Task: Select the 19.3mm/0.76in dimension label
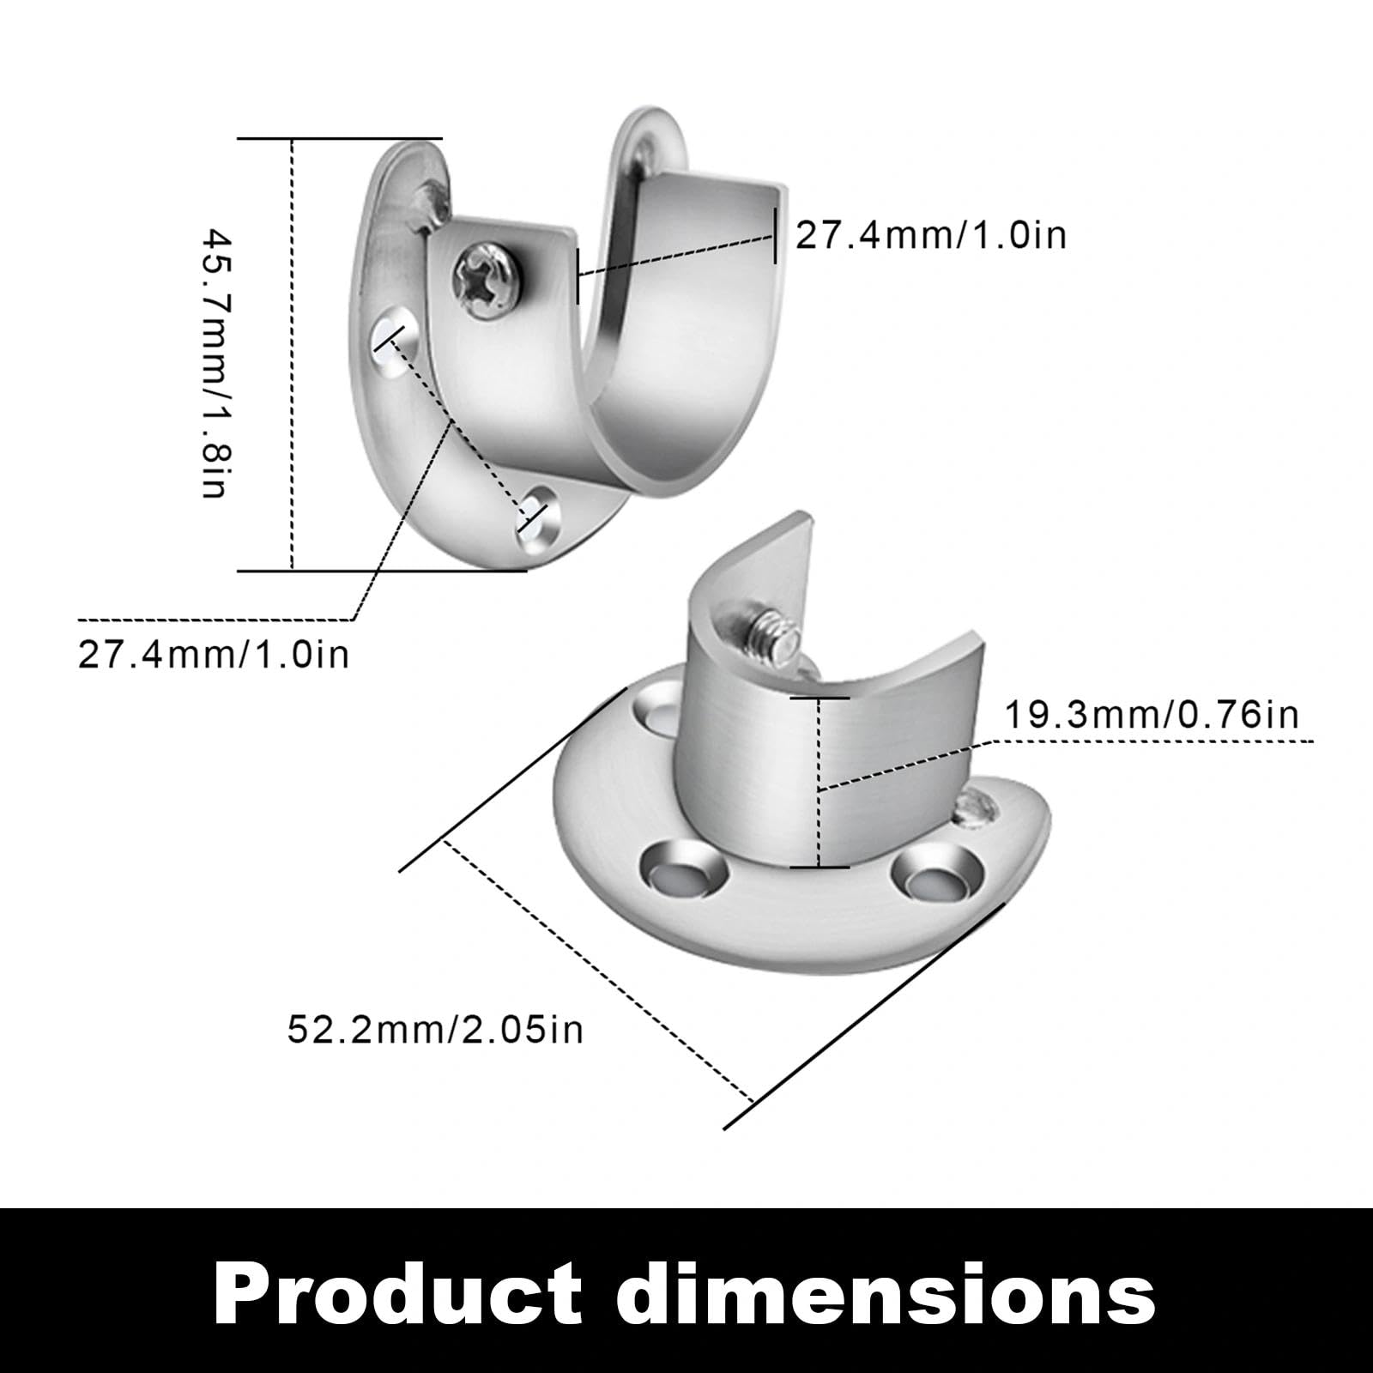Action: tap(1152, 714)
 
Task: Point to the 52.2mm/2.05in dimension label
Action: tap(435, 1028)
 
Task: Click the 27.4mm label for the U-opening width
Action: tap(931, 234)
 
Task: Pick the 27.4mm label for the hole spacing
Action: tap(214, 655)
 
